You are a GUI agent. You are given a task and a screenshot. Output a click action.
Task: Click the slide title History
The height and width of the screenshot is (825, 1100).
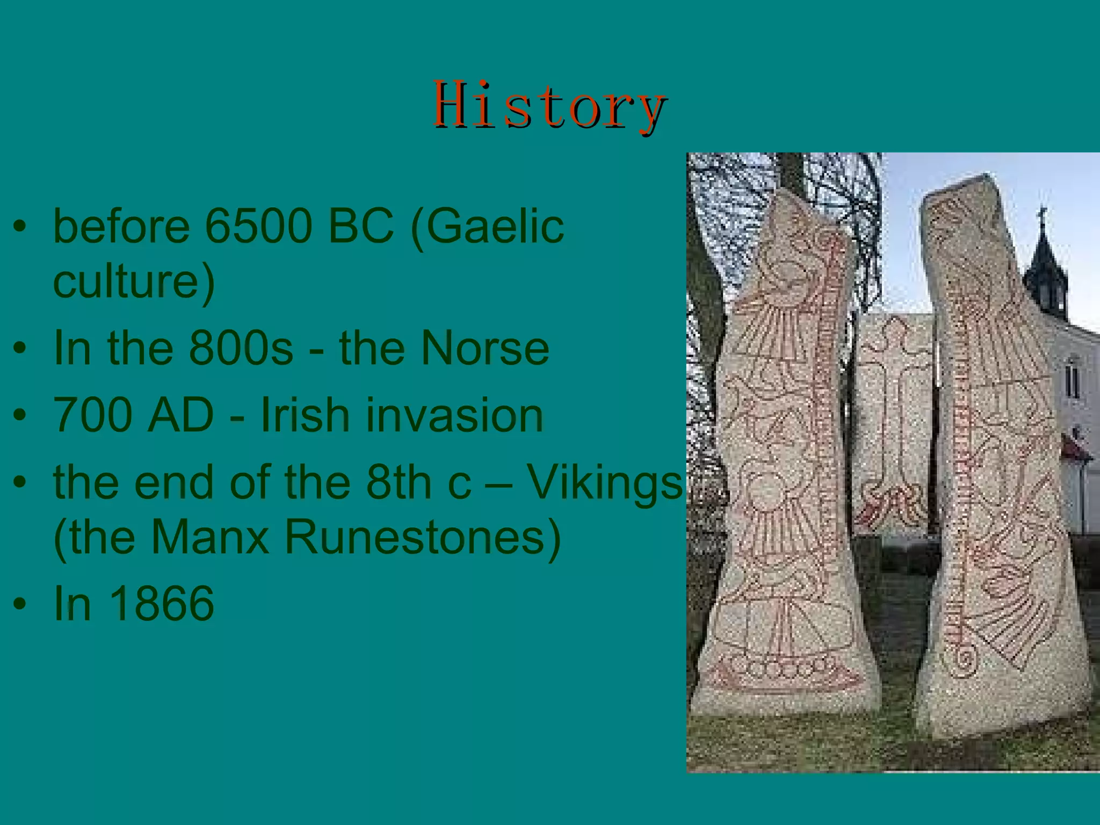[x=550, y=105]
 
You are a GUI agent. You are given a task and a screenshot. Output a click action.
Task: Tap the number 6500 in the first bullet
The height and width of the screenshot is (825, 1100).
[x=258, y=226]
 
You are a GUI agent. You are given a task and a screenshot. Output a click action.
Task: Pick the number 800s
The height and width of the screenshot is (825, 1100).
[x=241, y=349]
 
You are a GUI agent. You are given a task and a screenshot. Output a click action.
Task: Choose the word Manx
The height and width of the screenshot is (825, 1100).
[x=209, y=537]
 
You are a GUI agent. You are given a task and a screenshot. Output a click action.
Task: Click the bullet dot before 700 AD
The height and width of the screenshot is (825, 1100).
[x=20, y=415]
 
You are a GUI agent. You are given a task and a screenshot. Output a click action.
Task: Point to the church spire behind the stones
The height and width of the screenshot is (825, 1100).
[x=1043, y=258]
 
